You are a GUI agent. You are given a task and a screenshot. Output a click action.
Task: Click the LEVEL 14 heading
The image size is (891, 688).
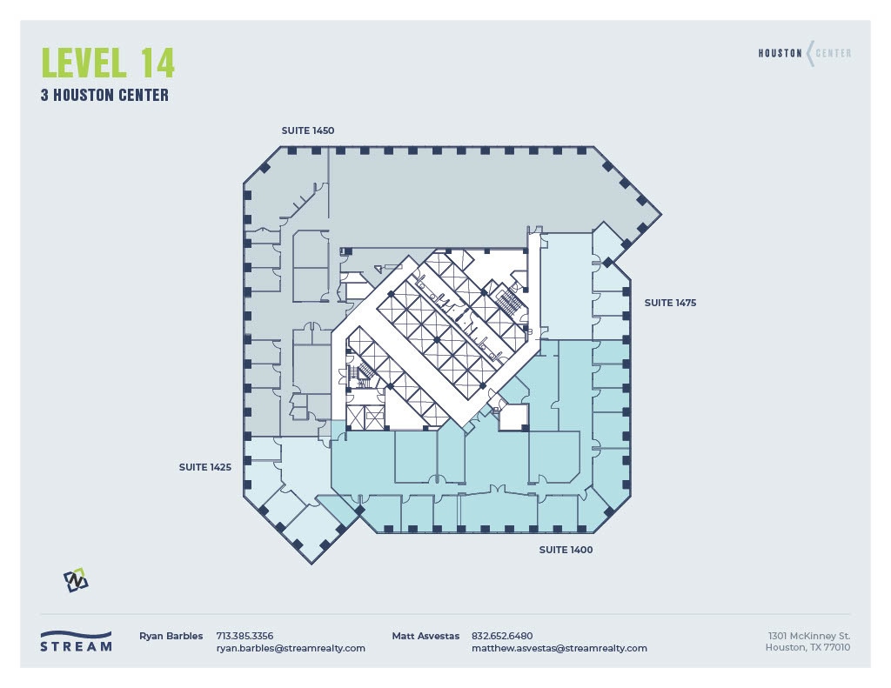click(x=108, y=63)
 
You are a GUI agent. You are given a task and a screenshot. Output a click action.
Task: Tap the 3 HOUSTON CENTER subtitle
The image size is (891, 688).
click(x=104, y=96)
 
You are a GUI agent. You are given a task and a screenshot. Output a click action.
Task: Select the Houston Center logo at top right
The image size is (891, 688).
click(x=805, y=54)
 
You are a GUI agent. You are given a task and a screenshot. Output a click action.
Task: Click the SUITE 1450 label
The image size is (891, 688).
click(x=308, y=130)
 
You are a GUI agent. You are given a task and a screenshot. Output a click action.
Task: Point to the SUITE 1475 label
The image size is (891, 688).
click(x=670, y=303)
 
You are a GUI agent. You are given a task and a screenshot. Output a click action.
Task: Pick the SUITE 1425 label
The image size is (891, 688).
click(x=205, y=467)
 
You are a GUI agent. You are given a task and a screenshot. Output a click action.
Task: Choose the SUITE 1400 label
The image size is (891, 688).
click(x=566, y=550)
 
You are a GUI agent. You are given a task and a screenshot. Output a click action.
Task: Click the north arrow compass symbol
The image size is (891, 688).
click(x=76, y=580)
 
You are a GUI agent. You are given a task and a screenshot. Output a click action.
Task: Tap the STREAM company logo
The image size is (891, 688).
click(x=76, y=641)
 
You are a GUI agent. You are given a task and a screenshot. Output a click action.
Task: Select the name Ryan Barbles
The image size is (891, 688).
click(x=171, y=636)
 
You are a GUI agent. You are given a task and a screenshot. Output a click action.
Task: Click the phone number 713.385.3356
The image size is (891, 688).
click(x=245, y=636)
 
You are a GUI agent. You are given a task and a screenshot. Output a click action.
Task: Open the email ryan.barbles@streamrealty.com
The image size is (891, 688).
click(x=291, y=648)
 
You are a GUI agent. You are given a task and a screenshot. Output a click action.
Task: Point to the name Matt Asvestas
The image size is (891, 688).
click(x=425, y=636)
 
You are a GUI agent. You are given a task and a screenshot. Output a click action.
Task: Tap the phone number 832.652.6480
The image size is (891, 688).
click(x=502, y=636)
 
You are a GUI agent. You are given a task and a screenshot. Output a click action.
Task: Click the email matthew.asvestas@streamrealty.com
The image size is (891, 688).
click(x=559, y=648)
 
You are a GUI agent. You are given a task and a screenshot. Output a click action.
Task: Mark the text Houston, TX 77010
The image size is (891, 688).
click(x=807, y=647)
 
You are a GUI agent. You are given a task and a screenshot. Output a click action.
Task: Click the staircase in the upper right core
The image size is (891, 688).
click(x=508, y=303)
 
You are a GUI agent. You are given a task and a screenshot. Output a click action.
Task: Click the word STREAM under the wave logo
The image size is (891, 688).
click(x=76, y=647)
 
